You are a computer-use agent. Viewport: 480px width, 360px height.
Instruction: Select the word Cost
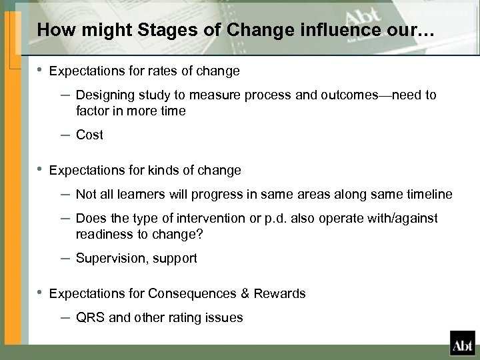pos(90,135)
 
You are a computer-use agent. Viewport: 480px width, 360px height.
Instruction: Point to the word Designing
pos(103,95)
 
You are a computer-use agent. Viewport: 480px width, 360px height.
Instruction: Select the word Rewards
pos(282,293)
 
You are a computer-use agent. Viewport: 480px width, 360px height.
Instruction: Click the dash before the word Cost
pos(66,135)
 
